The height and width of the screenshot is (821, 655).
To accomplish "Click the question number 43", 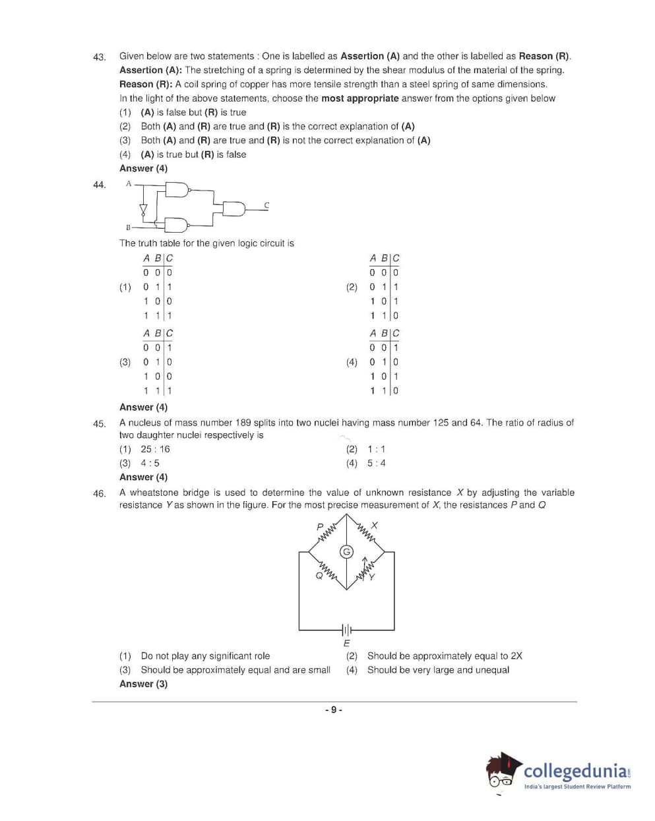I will (x=99, y=57).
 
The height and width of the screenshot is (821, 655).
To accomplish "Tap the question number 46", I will (x=99, y=493).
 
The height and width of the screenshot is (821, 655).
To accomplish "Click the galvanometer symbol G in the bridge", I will (x=346, y=551).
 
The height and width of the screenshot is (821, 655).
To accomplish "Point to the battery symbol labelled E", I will (x=346, y=629).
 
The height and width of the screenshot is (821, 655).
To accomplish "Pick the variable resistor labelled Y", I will (x=365, y=569).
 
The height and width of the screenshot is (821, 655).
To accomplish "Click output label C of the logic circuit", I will (x=266, y=205).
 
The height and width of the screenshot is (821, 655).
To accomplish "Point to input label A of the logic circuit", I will (x=129, y=183).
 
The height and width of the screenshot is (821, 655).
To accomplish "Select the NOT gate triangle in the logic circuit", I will (x=142, y=210).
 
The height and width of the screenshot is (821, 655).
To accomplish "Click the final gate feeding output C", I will (x=234, y=209).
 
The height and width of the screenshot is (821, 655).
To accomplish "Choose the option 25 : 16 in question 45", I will (x=155, y=449).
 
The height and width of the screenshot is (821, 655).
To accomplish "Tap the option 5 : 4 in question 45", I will (x=377, y=463).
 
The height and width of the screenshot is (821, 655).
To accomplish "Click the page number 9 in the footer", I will (x=333, y=710).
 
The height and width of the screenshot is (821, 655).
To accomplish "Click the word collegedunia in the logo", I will (x=575, y=771).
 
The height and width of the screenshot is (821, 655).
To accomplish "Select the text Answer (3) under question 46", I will (x=143, y=684).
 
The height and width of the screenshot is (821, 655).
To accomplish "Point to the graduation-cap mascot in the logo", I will (x=503, y=772).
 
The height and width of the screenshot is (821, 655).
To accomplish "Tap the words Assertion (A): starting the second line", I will (x=150, y=70).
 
